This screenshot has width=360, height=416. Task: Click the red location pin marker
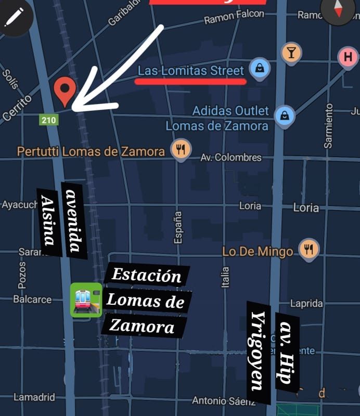65,90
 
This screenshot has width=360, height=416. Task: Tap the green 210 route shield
49,120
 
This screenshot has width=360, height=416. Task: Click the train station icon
86,300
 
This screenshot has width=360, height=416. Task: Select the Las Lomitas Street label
190,71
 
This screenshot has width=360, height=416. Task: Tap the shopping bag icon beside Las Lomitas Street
259,68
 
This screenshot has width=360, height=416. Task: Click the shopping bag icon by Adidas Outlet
285,116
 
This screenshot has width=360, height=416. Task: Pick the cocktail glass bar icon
291,53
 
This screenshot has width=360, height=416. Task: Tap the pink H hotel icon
348,57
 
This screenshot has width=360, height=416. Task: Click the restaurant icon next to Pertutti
181,150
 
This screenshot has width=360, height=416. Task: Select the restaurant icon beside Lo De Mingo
308,250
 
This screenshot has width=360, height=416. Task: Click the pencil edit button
14,16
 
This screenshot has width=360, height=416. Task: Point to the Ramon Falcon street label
234,18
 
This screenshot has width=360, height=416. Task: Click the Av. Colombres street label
231,157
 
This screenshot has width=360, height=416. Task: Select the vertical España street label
178,227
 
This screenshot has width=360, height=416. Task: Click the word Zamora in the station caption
142,327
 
